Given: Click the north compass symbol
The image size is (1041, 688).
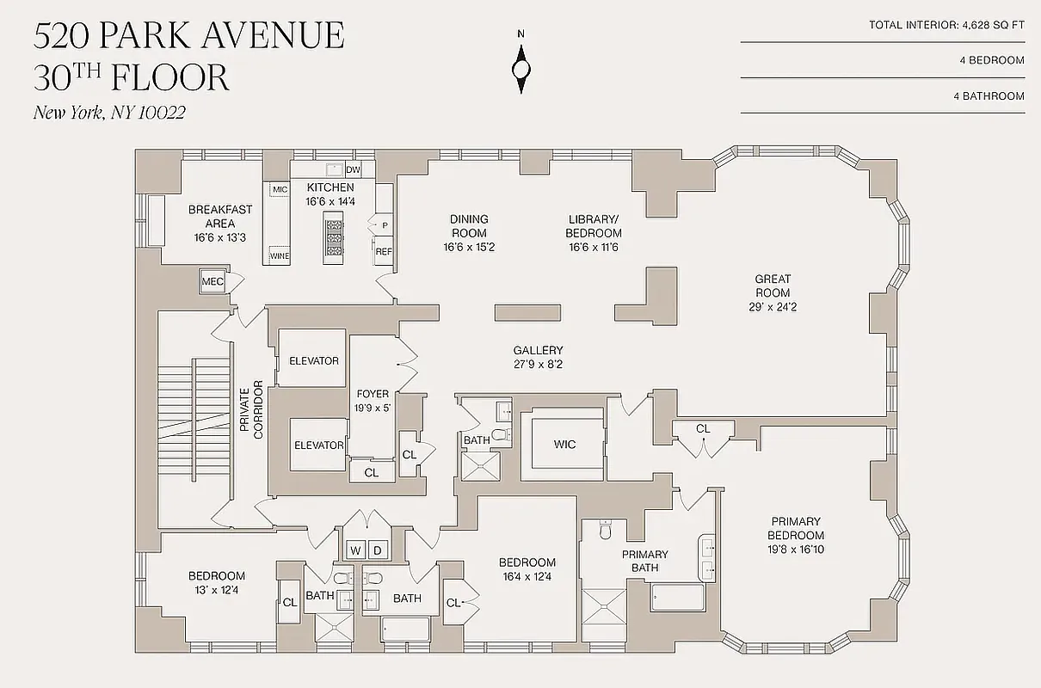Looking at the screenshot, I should (520, 66).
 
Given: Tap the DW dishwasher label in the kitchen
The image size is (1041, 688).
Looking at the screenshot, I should (353, 169).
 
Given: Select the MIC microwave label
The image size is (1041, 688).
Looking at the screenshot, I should (280, 189).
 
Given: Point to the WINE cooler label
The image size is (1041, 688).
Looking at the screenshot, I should (280, 256).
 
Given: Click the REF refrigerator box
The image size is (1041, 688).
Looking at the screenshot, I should (383, 252).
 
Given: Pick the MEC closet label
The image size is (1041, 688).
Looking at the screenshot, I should (213, 281).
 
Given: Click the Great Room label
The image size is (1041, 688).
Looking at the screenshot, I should (773, 286).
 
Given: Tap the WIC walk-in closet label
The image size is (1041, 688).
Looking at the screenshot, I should (564, 445).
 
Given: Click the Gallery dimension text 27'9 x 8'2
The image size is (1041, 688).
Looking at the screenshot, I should (538, 364).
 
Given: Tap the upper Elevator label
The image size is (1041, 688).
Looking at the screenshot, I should (313, 361).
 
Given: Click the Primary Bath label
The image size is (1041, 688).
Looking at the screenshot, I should (644, 561).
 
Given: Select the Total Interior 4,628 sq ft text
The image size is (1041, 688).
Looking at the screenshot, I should (946, 26).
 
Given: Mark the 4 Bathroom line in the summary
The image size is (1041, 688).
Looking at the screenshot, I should (989, 96).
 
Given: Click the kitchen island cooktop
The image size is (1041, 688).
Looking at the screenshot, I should (333, 238).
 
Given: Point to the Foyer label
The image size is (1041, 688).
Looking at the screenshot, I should (372, 401).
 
